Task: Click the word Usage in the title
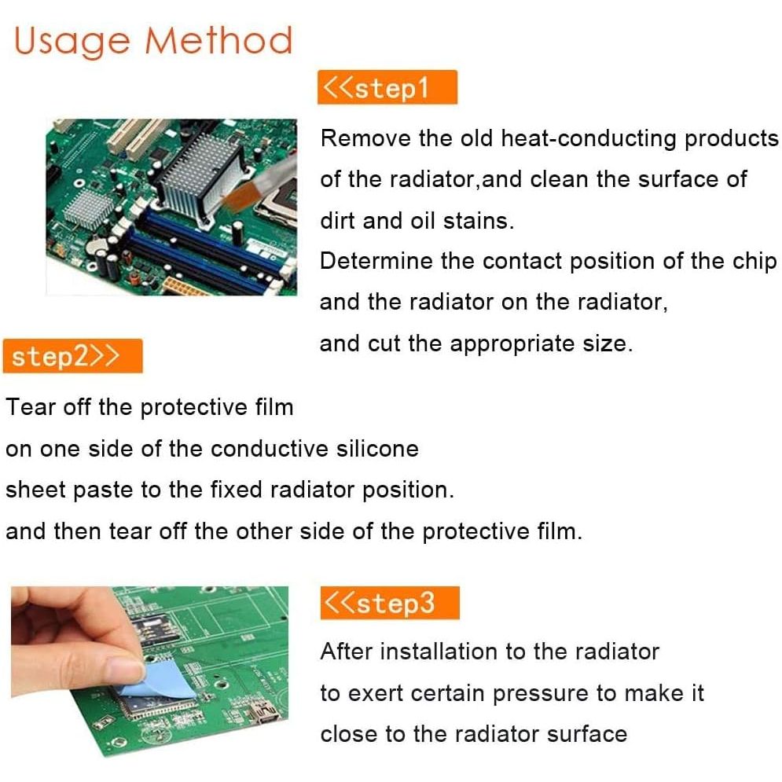tap(72, 42)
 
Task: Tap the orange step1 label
tap(387, 87)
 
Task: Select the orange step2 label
tap(73, 355)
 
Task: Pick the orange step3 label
tap(390, 603)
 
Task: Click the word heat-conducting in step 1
tap(589, 138)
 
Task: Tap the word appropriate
tap(512, 344)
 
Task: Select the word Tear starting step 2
tap(31, 407)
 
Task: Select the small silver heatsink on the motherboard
tap(90, 208)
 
